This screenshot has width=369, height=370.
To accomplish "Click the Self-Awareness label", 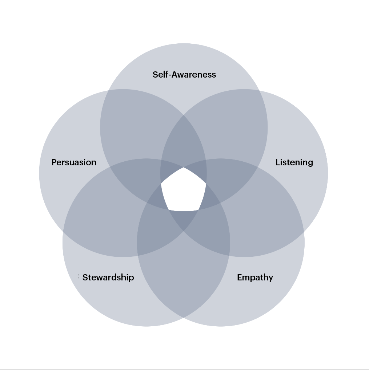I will [184, 75].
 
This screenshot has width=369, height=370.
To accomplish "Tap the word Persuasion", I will [74, 162].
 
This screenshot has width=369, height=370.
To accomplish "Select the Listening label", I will [294, 162].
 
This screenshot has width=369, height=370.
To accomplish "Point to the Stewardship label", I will [108, 277].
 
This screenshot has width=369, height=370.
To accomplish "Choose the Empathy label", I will [255, 277].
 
